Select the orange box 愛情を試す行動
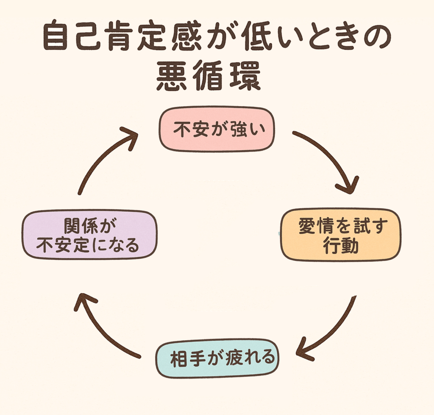(340, 234)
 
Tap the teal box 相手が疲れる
(218, 359)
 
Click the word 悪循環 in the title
(208, 77)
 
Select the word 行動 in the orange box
(341, 245)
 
